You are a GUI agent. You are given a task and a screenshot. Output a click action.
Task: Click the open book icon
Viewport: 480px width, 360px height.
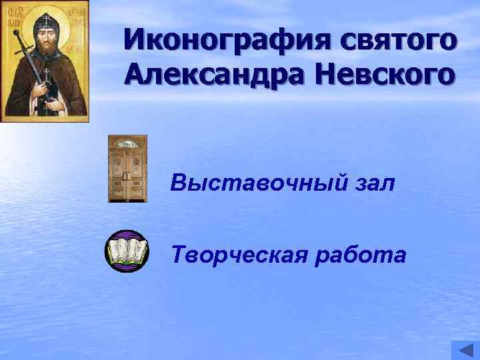tap(127, 251)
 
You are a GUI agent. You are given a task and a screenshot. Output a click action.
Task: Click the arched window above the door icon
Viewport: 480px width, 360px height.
tap(127, 143)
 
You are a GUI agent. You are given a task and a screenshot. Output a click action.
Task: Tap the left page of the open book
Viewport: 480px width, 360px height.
tap(119, 251)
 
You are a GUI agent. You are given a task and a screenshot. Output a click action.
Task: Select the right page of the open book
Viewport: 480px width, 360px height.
tap(136, 251)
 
